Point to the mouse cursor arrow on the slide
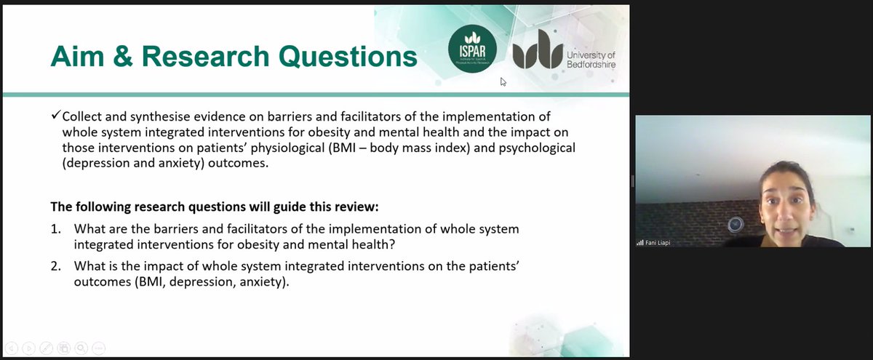click(x=503, y=81)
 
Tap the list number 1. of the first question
click(x=56, y=229)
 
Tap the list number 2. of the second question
click(x=56, y=266)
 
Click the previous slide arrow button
click(x=12, y=348)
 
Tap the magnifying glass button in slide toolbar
click(x=81, y=348)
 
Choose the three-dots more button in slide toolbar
click(x=99, y=348)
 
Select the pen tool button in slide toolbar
click(x=47, y=348)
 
